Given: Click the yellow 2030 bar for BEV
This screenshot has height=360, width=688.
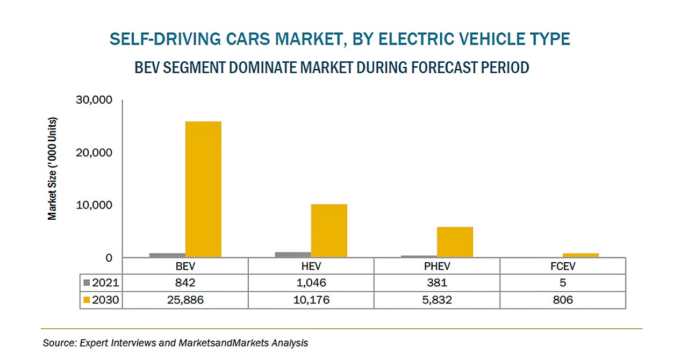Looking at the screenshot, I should tap(203, 189).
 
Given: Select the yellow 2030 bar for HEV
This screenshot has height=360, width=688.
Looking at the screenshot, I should tap(329, 231).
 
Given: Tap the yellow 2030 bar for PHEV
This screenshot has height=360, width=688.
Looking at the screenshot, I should tap(455, 242).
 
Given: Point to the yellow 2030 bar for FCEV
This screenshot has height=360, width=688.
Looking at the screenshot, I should tap(580, 255).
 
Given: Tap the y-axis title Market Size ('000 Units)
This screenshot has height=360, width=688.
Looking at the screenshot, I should tap(52, 168).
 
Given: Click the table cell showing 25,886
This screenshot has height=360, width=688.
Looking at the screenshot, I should tap(185, 300).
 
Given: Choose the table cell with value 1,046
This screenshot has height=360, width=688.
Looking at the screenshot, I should tap(311, 283).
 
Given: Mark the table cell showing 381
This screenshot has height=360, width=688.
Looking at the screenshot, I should tap(436, 283).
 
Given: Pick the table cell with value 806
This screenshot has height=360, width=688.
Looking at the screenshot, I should tap(562, 300).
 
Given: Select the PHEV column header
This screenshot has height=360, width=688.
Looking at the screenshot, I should tap(436, 266).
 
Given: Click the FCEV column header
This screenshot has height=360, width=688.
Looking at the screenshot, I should tap(562, 266).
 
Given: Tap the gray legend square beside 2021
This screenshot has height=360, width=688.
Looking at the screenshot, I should tap(88, 283).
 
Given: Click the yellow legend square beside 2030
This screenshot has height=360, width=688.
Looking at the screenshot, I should tap(88, 300).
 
